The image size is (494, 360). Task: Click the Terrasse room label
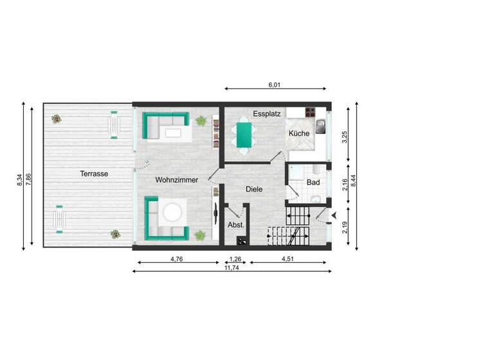tap(94, 174)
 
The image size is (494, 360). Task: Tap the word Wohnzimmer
tap(176, 180)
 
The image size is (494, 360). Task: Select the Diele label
tap(254, 189)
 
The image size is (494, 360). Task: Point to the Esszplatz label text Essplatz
tap(267, 114)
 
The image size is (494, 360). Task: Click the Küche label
tap(299, 134)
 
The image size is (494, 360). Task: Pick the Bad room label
tap(313, 183)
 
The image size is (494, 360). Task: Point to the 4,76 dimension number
tap(177, 259)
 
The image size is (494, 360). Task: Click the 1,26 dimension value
tap(235, 259)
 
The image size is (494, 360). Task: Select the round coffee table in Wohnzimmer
tap(172, 212)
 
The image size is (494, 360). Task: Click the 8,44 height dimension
tap(354, 175)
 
